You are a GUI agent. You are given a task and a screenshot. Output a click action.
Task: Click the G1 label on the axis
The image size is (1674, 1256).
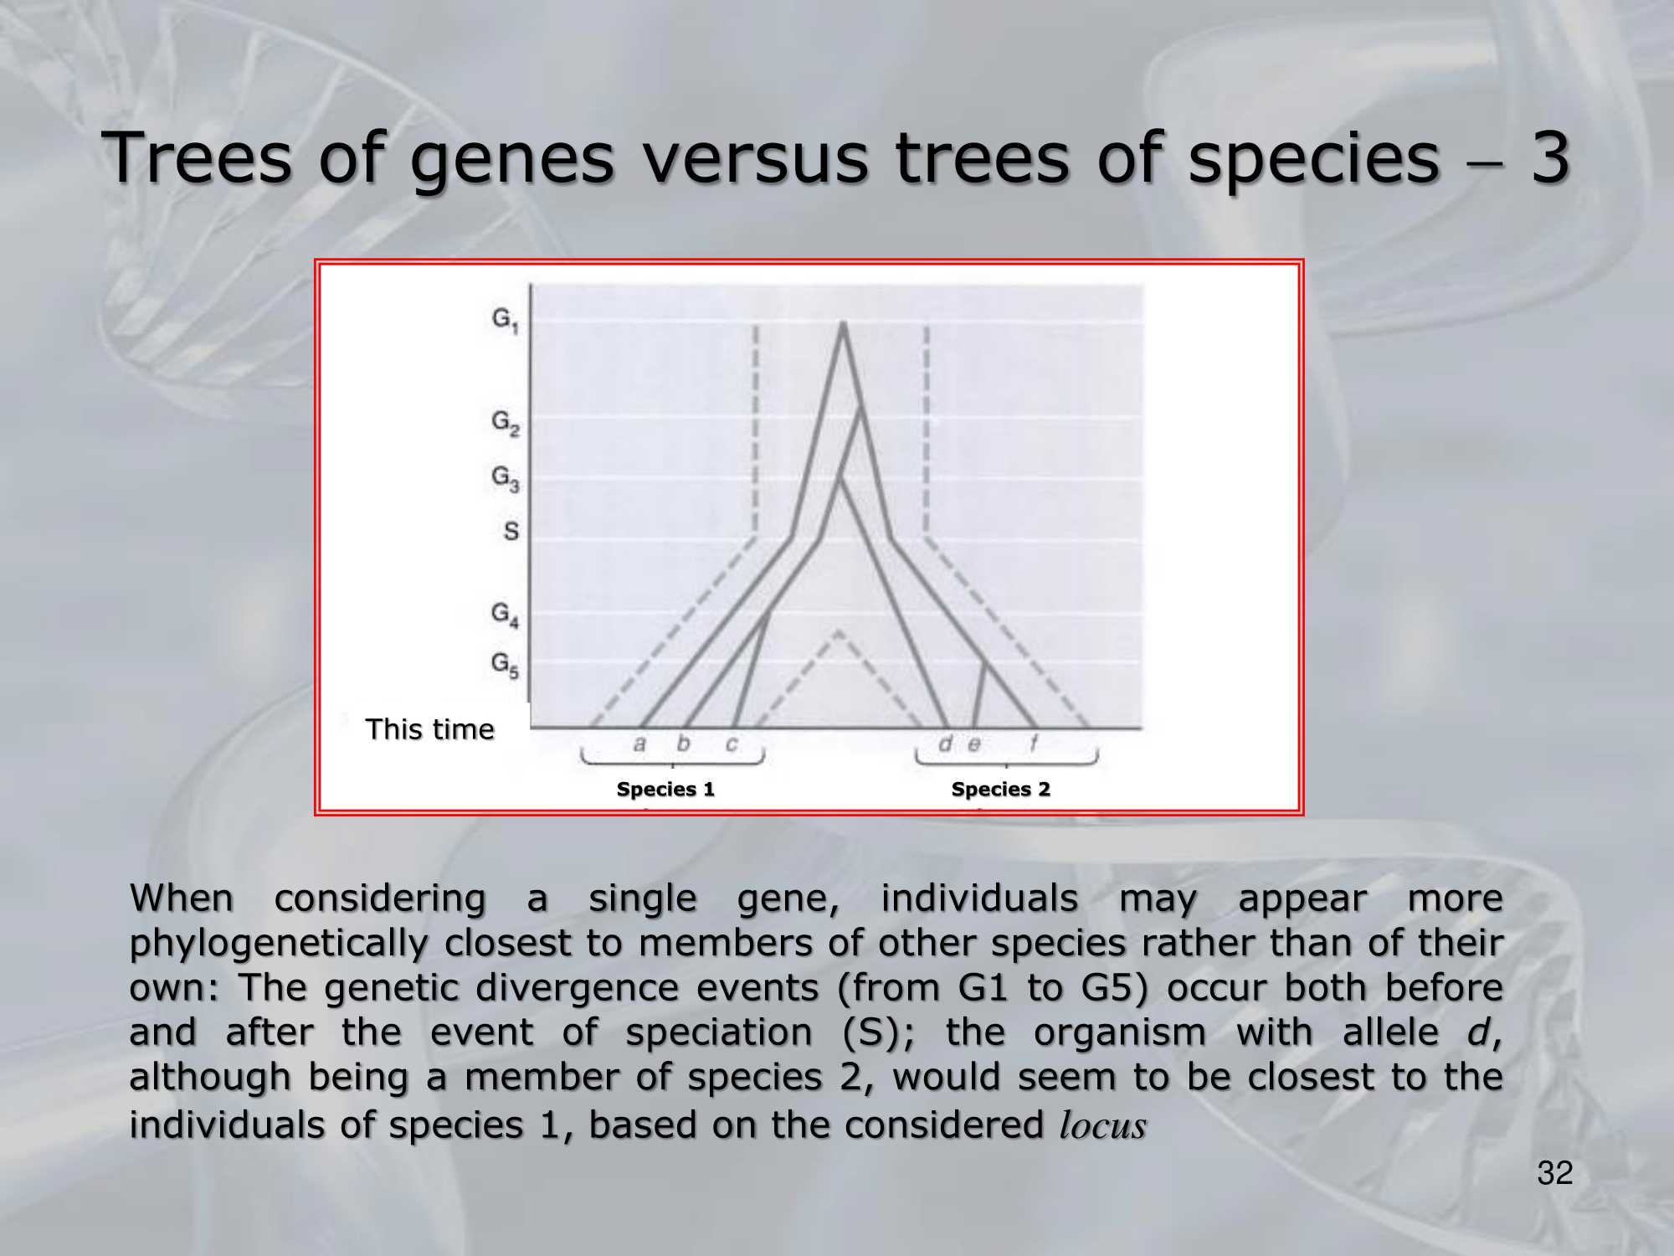[505, 319]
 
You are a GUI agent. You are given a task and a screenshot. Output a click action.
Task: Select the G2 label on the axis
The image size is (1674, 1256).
[505, 422]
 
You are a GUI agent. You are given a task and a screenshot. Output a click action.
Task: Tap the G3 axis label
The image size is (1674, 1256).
[505, 478]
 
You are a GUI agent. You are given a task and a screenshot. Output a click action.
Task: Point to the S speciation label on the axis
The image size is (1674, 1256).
[511, 531]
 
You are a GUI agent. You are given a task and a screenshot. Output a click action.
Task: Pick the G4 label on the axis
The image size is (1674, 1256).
[505, 614]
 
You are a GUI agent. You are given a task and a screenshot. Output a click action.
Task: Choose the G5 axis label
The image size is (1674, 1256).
[505, 665]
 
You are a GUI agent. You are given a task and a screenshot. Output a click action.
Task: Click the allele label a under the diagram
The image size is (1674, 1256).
[640, 744]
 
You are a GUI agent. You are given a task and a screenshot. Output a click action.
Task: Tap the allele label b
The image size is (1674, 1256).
[684, 742]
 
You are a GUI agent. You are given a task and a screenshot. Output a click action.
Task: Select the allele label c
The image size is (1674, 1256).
[732, 744]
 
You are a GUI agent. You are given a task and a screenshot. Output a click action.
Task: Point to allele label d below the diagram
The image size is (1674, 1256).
[946, 742]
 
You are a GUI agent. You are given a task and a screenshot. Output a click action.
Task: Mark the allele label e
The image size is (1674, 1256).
[973, 744]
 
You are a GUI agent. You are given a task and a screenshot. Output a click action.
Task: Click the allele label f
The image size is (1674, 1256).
[1034, 742]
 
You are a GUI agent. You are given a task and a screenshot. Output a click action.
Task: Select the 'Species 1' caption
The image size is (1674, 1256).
[665, 789]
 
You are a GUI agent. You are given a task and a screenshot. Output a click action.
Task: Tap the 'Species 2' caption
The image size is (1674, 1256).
[1000, 789]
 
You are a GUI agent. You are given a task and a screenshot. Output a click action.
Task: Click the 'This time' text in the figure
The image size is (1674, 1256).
[429, 729]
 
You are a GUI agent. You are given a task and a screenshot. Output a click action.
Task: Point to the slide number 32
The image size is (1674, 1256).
[1555, 1173]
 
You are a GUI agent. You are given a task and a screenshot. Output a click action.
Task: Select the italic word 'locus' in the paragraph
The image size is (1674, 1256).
[1102, 1125]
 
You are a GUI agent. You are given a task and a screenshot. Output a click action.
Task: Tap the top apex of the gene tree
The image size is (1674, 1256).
[843, 322]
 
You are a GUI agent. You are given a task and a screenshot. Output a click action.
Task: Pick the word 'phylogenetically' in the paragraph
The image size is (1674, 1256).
[279, 945]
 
